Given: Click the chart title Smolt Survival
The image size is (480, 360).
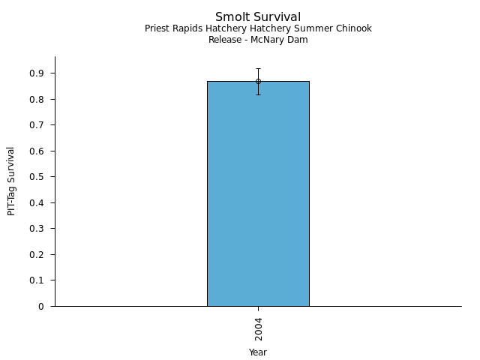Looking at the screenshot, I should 258,17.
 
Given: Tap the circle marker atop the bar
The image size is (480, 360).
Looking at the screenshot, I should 258,81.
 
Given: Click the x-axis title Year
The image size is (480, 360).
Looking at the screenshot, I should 258,352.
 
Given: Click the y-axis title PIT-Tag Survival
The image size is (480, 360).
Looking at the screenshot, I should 11,181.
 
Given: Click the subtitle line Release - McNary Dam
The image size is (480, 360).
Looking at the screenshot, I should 258,40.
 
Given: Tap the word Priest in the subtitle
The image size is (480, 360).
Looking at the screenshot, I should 158,28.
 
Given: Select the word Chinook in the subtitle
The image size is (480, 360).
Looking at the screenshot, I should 353,28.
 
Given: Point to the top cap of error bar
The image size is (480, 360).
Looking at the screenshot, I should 258,68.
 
